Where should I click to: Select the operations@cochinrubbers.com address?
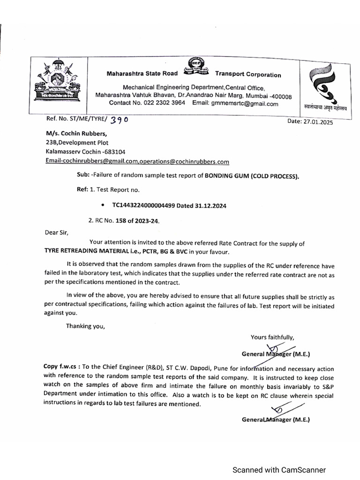(x=193, y=162)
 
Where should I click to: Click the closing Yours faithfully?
(x=272, y=337)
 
